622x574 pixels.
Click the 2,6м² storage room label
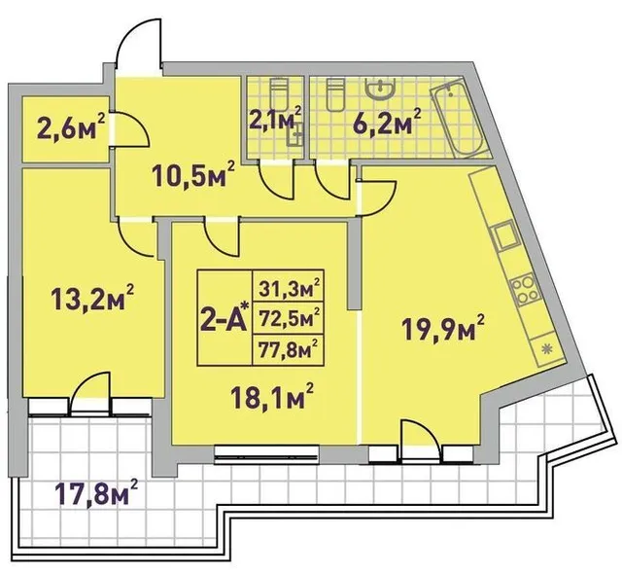click(71, 126)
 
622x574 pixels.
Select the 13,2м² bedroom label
click(92, 298)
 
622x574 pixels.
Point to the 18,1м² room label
click(274, 396)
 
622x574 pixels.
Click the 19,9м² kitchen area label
click(443, 328)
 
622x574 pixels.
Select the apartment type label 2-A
click(225, 316)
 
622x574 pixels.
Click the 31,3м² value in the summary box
click(290, 288)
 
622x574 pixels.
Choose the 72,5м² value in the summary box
click(290, 317)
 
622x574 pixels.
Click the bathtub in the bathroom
click(458, 121)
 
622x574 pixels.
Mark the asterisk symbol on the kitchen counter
click(547, 349)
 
